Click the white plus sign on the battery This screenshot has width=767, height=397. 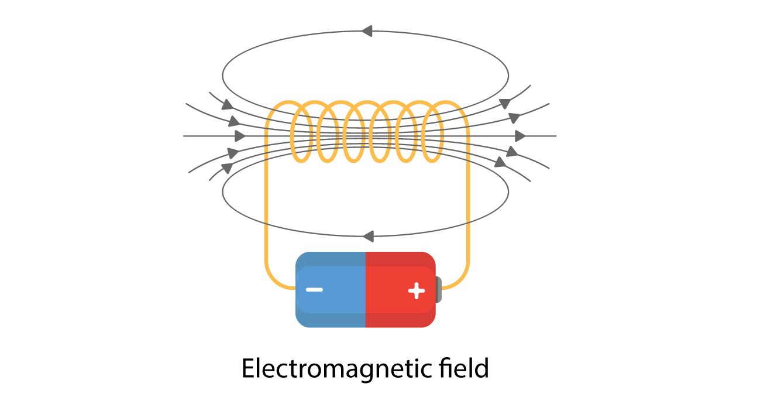coord(416,290)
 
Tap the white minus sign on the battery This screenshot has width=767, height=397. coord(314,289)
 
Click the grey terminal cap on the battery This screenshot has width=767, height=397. coord(439,290)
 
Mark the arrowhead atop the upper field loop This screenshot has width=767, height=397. coord(367,31)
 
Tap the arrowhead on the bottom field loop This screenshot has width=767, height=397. coord(368,237)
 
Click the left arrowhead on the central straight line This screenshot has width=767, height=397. coord(239,136)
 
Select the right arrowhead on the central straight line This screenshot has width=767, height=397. coord(520,136)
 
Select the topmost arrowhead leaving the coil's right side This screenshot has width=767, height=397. coord(505,103)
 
